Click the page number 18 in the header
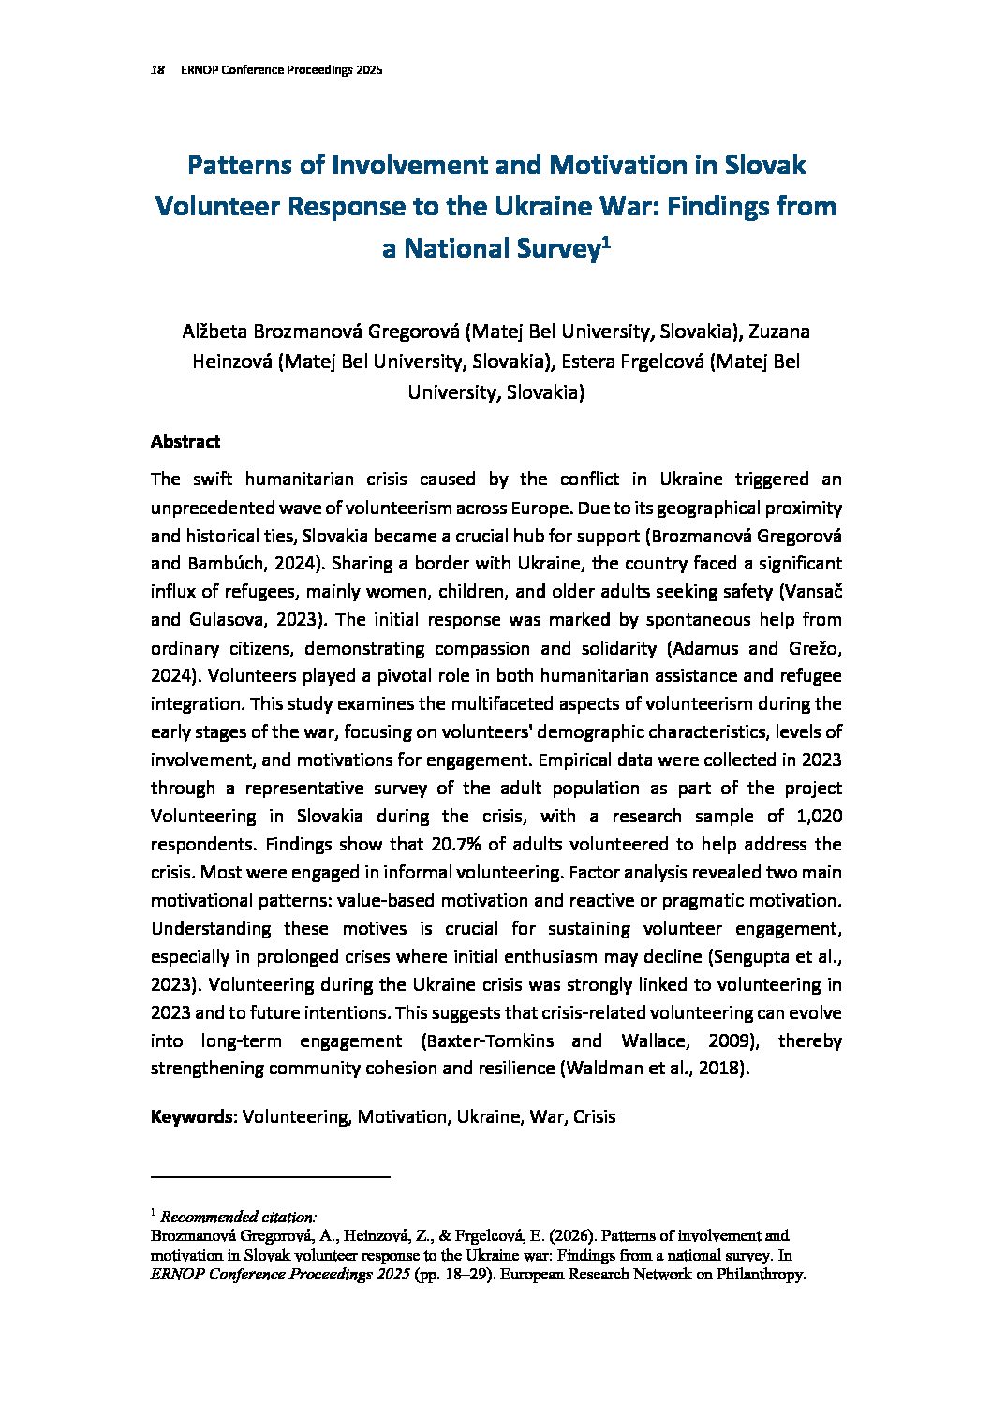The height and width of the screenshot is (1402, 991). [157, 70]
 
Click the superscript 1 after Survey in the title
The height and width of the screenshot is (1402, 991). [605, 244]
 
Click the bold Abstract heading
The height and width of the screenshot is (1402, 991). [185, 441]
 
